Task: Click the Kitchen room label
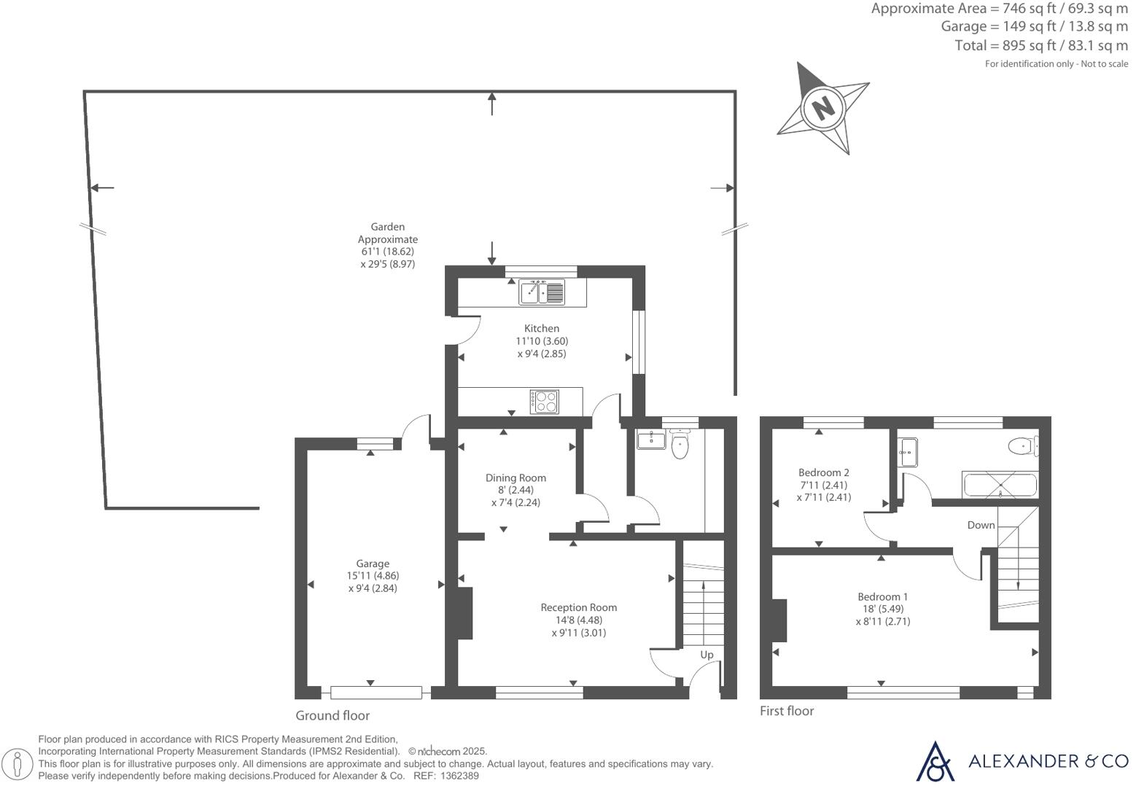pos(542,329)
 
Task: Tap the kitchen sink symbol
pos(542,292)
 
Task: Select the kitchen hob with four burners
pos(545,402)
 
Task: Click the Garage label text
pos(373,564)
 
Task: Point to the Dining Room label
pos(516,478)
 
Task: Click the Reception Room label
pos(579,607)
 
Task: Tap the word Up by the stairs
pos(707,655)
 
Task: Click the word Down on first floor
pos(981,526)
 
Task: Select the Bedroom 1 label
pos(883,597)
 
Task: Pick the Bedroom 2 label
pos(824,472)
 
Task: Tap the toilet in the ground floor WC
pos(680,444)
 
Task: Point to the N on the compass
pos(823,107)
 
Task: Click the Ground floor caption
pos(332,715)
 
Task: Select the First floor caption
pos(787,711)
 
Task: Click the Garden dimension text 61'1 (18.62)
pos(387,252)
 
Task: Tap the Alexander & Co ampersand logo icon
pos(935,761)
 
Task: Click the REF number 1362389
pos(459,776)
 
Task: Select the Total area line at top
pos(1041,46)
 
